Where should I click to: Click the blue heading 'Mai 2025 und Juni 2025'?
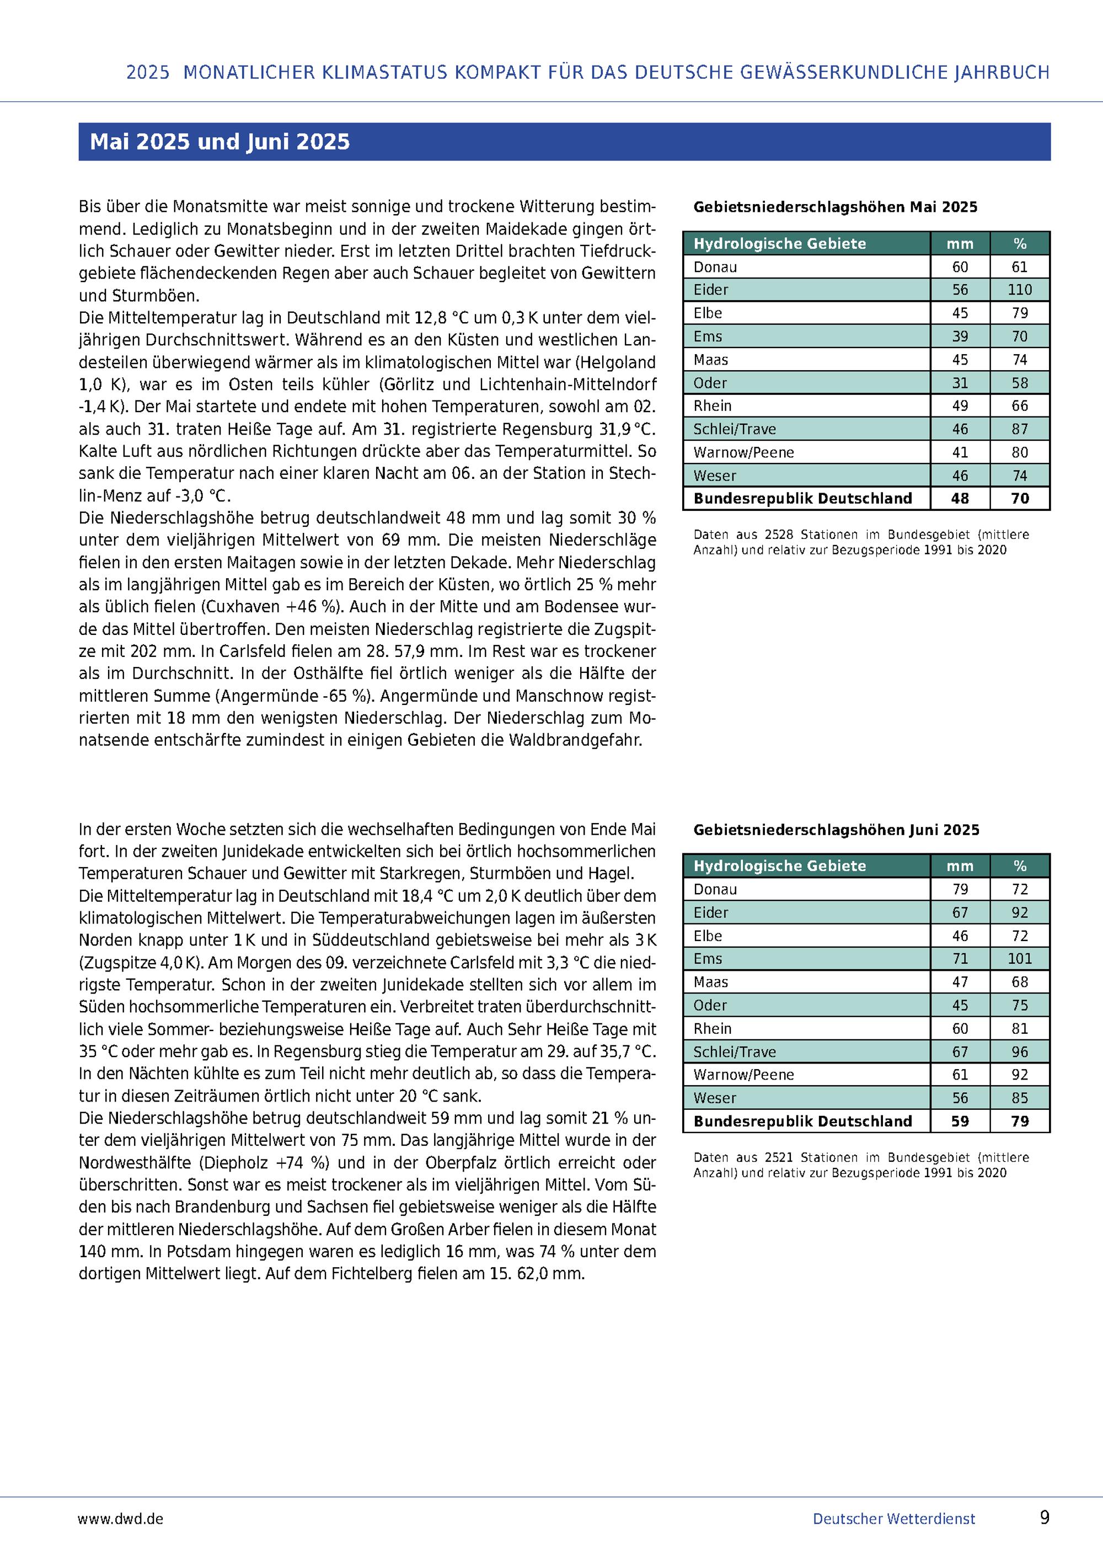pyautogui.click(x=219, y=141)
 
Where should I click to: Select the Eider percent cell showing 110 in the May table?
pyautogui.click(x=1020, y=290)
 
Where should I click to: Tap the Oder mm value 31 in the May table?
pyautogui.click(x=960, y=383)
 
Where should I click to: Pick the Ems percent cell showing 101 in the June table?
pyautogui.click(x=1020, y=959)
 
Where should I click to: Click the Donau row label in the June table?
pyautogui.click(x=715, y=889)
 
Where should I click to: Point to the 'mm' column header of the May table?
pyautogui.click(x=960, y=244)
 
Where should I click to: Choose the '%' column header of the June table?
pyautogui.click(x=1020, y=866)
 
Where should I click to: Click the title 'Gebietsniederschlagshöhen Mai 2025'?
pyautogui.click(x=835, y=207)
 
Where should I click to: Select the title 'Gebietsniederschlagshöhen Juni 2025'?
pyautogui.click(x=836, y=830)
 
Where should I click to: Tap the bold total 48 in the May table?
pyautogui.click(x=960, y=499)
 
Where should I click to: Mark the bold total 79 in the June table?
pyautogui.click(x=1020, y=1121)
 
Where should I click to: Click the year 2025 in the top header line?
pyautogui.click(x=147, y=73)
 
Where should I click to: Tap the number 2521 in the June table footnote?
pyautogui.click(x=780, y=1157)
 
